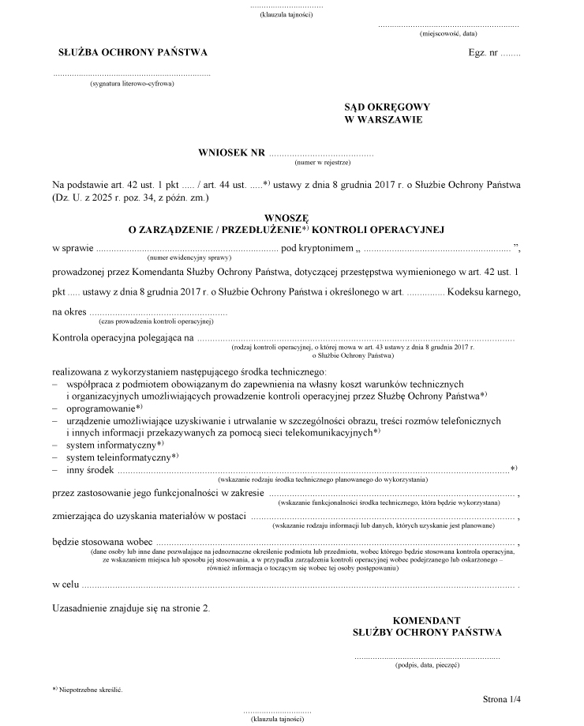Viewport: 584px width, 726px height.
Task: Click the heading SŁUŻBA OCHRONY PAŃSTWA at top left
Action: (133, 52)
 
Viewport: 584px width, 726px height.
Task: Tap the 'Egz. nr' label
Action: (483, 53)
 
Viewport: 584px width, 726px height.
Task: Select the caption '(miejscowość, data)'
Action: (448, 34)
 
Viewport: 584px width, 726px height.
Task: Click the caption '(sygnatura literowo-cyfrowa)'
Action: (132, 83)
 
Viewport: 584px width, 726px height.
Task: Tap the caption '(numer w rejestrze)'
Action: (322, 163)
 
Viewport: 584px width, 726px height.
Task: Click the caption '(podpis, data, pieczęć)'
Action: (427, 665)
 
